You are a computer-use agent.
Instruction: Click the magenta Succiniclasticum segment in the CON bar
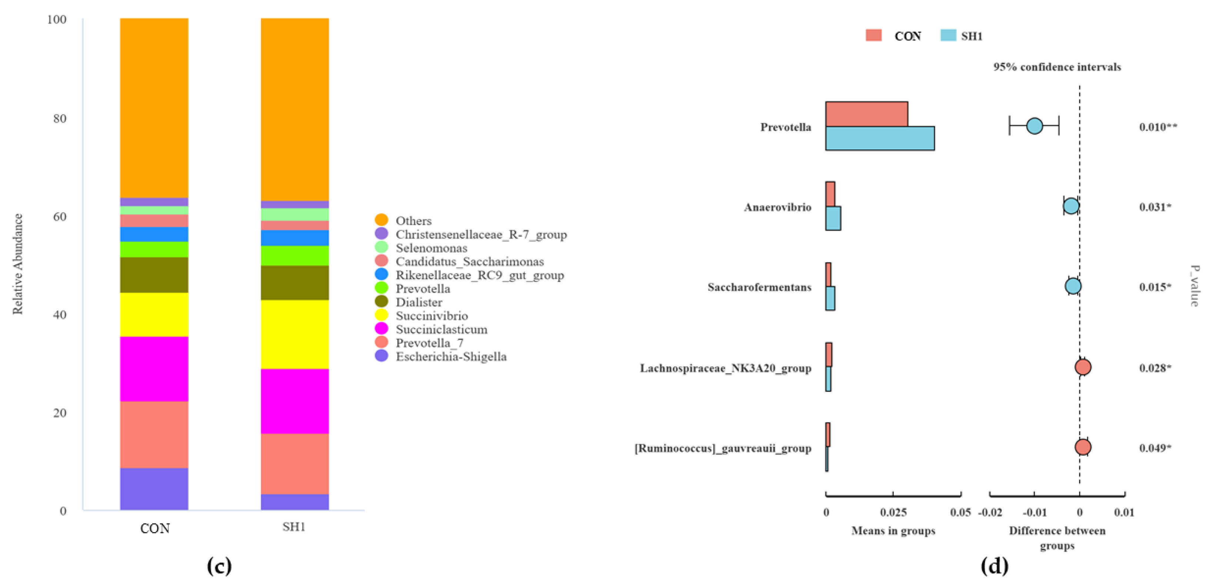click(154, 369)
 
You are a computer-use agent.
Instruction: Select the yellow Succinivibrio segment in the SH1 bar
click(294, 334)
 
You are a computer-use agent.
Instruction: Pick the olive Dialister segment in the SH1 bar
click(294, 282)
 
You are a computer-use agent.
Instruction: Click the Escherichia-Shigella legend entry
click(450, 356)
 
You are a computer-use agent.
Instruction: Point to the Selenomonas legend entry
click(431, 248)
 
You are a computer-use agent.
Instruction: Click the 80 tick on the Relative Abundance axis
click(60, 118)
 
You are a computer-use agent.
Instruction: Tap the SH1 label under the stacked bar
click(294, 527)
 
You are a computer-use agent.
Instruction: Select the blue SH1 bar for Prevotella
click(879, 138)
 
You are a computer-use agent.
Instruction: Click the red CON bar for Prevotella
click(866, 114)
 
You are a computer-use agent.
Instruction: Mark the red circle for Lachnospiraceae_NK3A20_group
click(1083, 367)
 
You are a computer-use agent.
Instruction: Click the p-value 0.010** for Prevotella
click(1158, 127)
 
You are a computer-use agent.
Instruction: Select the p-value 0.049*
click(1155, 448)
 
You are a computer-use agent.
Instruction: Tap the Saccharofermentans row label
click(759, 287)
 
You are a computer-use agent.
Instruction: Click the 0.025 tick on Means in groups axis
click(893, 512)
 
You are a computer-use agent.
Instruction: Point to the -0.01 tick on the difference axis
click(1034, 512)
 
